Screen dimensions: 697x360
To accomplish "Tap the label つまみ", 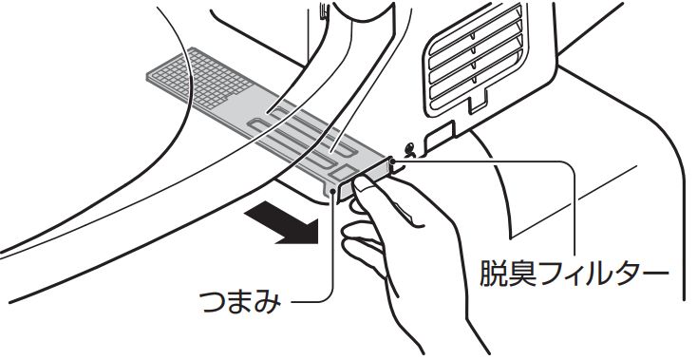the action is click(239, 302).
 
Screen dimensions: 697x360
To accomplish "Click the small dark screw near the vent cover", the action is click(411, 150).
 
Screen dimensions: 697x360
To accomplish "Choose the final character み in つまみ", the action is click(268, 302).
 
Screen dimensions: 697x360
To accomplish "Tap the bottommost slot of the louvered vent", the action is click(477, 89).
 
